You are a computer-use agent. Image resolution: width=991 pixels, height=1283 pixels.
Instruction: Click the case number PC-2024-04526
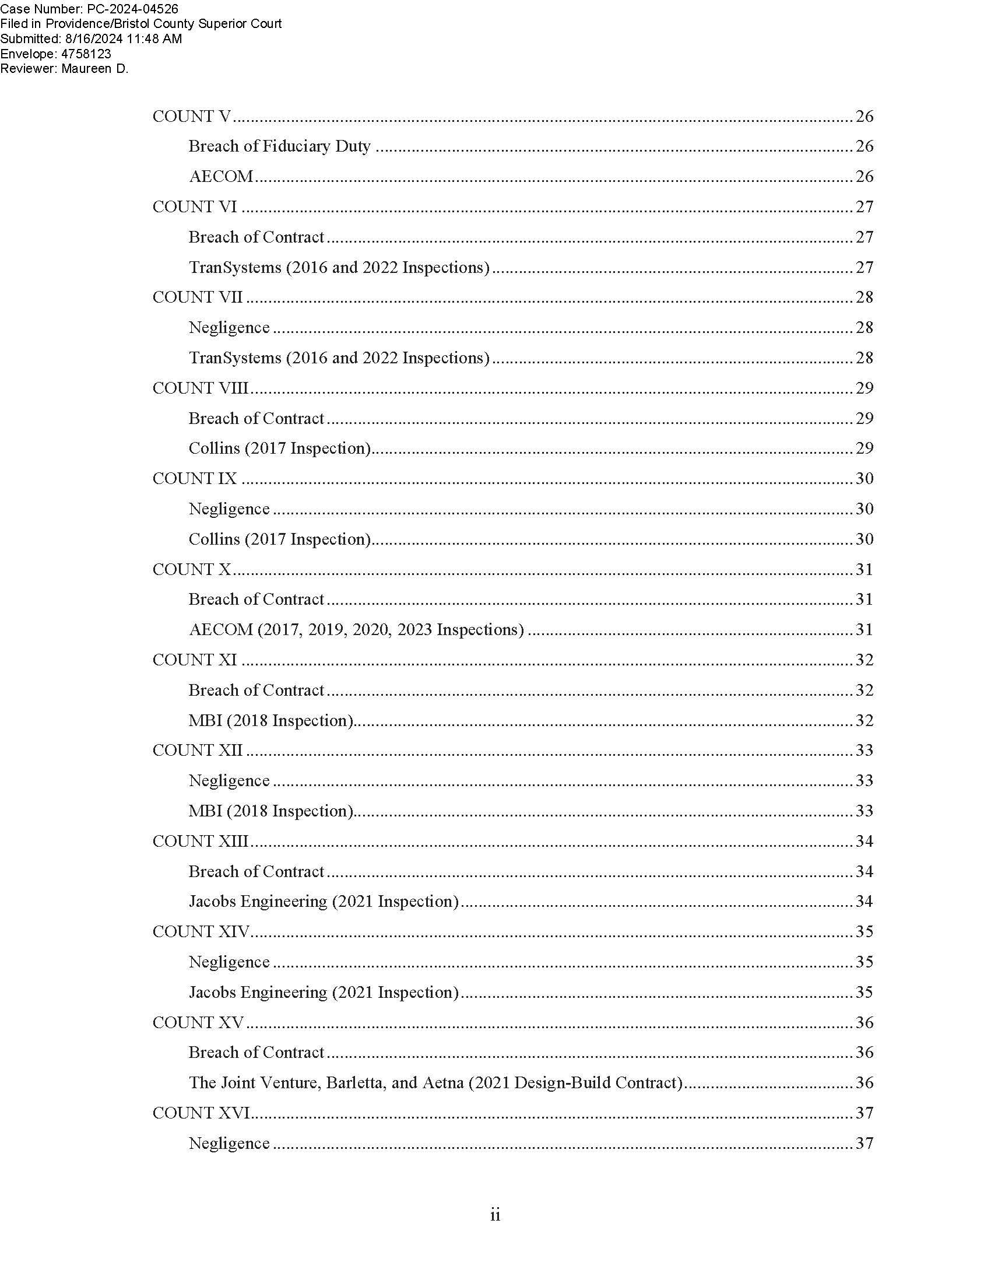pos(129,8)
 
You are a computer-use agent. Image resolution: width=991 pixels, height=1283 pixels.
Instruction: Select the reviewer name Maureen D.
pos(94,69)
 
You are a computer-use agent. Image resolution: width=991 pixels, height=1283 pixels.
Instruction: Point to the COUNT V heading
pos(192,116)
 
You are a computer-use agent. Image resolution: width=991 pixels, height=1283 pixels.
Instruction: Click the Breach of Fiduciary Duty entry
pos(279,146)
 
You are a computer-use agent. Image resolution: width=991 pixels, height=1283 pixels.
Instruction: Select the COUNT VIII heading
pos(200,388)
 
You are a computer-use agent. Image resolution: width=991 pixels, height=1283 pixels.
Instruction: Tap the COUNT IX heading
pos(194,479)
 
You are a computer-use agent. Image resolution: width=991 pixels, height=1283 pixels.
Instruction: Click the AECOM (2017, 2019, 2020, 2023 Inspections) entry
pos(356,630)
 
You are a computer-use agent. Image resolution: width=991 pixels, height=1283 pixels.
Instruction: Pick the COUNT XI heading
pos(194,660)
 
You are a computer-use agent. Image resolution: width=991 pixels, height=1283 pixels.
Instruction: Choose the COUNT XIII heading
pos(200,841)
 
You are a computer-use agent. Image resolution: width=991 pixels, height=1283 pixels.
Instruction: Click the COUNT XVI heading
pos(201,1113)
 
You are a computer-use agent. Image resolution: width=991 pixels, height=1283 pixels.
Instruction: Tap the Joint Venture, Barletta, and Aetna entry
pos(435,1083)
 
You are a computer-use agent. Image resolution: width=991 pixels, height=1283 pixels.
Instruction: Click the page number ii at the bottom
pos(495,1215)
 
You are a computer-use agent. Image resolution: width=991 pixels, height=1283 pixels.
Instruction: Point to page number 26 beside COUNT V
pos(864,116)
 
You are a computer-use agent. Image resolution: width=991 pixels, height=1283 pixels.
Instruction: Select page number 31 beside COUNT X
pos(864,569)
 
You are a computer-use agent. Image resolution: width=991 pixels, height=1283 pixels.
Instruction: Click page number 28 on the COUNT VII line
pos(864,297)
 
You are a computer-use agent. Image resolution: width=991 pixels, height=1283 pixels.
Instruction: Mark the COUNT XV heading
pos(198,1023)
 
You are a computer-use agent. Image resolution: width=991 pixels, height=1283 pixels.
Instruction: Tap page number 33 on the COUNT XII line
pos(864,750)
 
